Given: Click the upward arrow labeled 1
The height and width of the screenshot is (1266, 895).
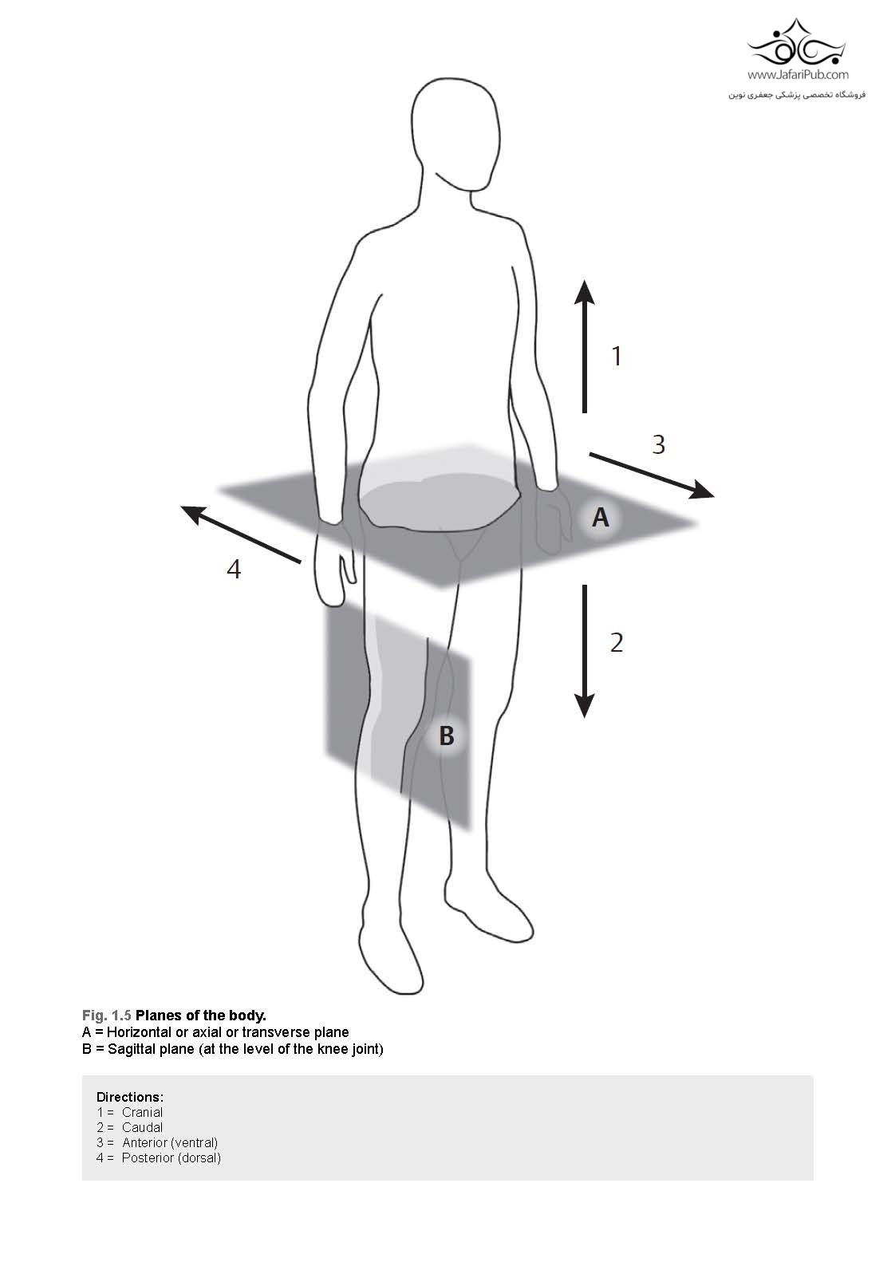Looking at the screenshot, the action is click(584, 346).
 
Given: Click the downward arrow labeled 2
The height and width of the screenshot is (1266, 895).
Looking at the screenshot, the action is click(584, 651).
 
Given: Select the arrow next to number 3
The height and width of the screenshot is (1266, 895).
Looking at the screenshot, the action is click(652, 475).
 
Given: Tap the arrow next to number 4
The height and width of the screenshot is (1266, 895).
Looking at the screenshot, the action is click(241, 534).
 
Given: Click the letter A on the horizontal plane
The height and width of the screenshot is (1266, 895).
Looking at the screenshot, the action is click(600, 517).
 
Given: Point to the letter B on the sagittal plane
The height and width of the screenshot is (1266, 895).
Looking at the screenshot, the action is click(447, 736).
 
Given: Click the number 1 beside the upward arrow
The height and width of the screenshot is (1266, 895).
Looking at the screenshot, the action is click(617, 356).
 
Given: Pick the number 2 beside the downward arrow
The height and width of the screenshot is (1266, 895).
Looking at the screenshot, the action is click(617, 643).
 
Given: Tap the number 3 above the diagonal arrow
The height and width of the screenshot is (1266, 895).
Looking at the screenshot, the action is click(658, 444).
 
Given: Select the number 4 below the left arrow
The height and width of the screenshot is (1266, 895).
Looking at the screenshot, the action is click(234, 569).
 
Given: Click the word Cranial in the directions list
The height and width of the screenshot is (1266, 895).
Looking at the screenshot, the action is click(142, 1112).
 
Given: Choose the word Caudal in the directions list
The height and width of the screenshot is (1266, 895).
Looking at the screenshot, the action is click(142, 1127).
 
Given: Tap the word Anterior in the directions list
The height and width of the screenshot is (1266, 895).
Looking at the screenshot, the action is click(144, 1143).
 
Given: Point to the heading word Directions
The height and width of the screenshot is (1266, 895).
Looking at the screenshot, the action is click(130, 1097).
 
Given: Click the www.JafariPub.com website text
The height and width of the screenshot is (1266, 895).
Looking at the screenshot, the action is click(798, 74).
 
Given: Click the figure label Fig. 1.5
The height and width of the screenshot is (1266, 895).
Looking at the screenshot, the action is click(106, 1016).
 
